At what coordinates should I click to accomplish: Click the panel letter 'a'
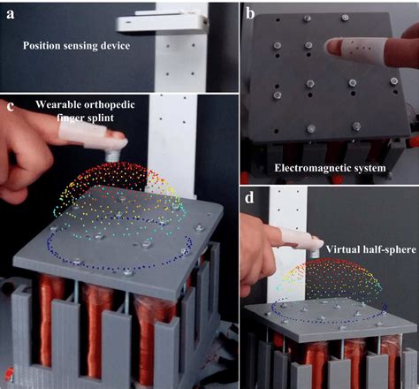(11, 14)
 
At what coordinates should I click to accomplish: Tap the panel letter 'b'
(250, 13)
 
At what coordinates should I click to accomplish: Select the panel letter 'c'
(11, 107)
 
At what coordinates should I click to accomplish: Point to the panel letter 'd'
(249, 198)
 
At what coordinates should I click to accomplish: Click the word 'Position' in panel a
(42, 46)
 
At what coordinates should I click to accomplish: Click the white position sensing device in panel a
(163, 21)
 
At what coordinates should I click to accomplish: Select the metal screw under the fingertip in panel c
(112, 155)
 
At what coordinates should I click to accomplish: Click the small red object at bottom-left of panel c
(9, 374)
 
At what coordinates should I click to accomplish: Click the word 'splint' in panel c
(100, 118)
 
